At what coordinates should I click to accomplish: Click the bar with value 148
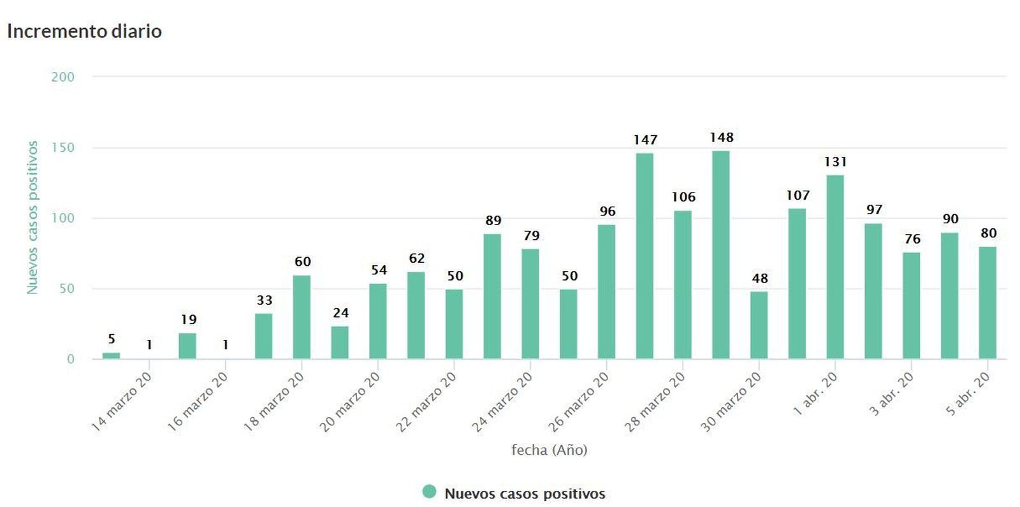(720, 255)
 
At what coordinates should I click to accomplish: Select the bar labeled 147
(645, 256)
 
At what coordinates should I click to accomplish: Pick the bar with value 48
(759, 325)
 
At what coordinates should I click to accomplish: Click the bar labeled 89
(492, 297)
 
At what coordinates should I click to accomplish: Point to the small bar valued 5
(111, 355)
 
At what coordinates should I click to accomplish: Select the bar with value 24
(340, 342)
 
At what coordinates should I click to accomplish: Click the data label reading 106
(683, 197)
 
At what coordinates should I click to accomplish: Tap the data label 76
(912, 239)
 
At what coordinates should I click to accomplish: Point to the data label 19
(188, 320)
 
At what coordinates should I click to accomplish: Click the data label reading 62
(416, 258)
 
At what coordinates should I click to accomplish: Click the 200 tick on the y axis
(62, 77)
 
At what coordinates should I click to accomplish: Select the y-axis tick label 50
(67, 289)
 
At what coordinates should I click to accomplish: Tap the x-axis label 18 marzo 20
(274, 401)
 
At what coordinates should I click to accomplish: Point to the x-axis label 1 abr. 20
(815, 393)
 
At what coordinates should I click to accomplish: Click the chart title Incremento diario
(84, 31)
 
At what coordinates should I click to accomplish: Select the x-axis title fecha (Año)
(549, 450)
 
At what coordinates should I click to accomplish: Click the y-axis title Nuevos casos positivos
(32, 217)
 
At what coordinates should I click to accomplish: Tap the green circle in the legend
(429, 492)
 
